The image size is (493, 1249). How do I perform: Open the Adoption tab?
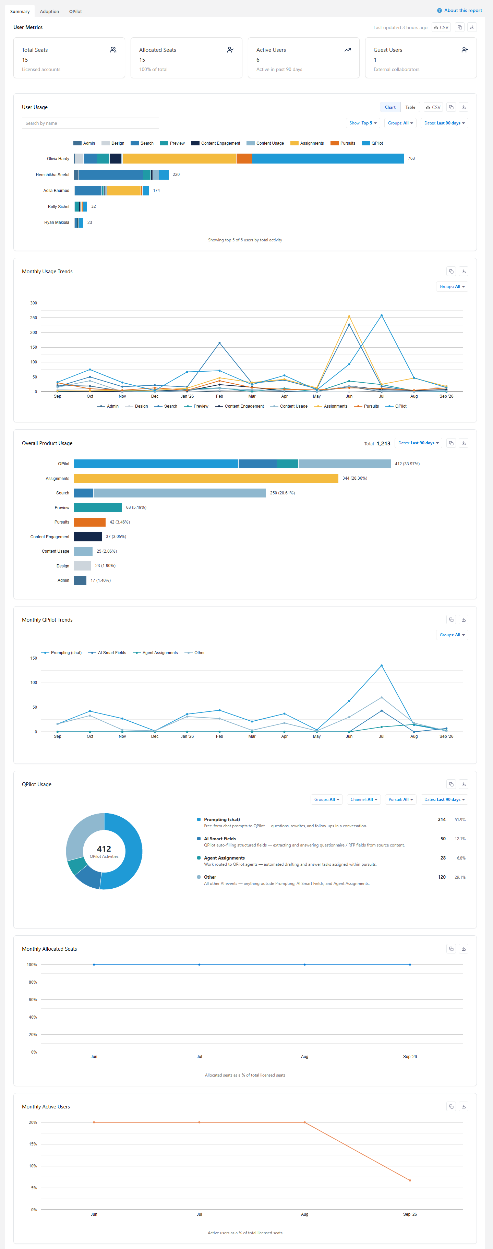click(49, 12)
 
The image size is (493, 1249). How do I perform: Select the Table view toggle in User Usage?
click(410, 107)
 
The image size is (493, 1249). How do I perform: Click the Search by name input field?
click(90, 123)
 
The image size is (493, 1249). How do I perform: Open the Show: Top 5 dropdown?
click(363, 123)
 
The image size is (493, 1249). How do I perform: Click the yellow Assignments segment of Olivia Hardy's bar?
click(179, 158)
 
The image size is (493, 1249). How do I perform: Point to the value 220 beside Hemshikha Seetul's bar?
click(176, 175)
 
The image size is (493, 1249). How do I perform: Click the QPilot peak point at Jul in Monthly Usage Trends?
click(382, 316)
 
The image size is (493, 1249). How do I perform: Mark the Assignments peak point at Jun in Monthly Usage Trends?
click(349, 316)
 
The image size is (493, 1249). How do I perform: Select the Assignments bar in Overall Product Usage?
click(206, 479)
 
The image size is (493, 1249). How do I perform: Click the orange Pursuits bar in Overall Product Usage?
click(90, 522)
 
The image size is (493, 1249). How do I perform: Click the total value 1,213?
click(383, 444)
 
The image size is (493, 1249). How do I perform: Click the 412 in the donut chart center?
click(104, 849)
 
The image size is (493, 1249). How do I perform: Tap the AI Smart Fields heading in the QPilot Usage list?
click(220, 839)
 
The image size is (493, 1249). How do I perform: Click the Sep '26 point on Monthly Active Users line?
click(410, 1180)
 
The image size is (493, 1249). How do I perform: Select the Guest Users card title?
click(388, 50)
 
